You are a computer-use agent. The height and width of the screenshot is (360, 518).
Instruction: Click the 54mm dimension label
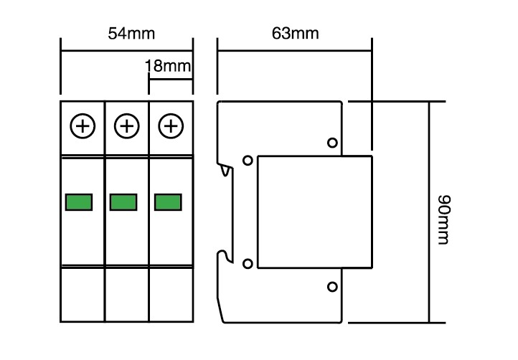131,34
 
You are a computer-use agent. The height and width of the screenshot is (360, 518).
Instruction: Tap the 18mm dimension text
168,66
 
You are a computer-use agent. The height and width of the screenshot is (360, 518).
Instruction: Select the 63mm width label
296,33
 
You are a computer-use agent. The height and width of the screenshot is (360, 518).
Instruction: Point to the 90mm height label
444,219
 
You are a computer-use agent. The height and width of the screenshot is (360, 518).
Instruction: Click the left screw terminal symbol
83,125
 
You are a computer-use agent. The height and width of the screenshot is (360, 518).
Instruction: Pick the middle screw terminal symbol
126,125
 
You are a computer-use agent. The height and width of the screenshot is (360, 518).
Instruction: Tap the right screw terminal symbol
171,125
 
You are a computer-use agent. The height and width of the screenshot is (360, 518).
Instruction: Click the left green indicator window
79,202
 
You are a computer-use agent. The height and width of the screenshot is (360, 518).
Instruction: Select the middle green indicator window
123,202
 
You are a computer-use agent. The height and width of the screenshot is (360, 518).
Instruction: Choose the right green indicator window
168,202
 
